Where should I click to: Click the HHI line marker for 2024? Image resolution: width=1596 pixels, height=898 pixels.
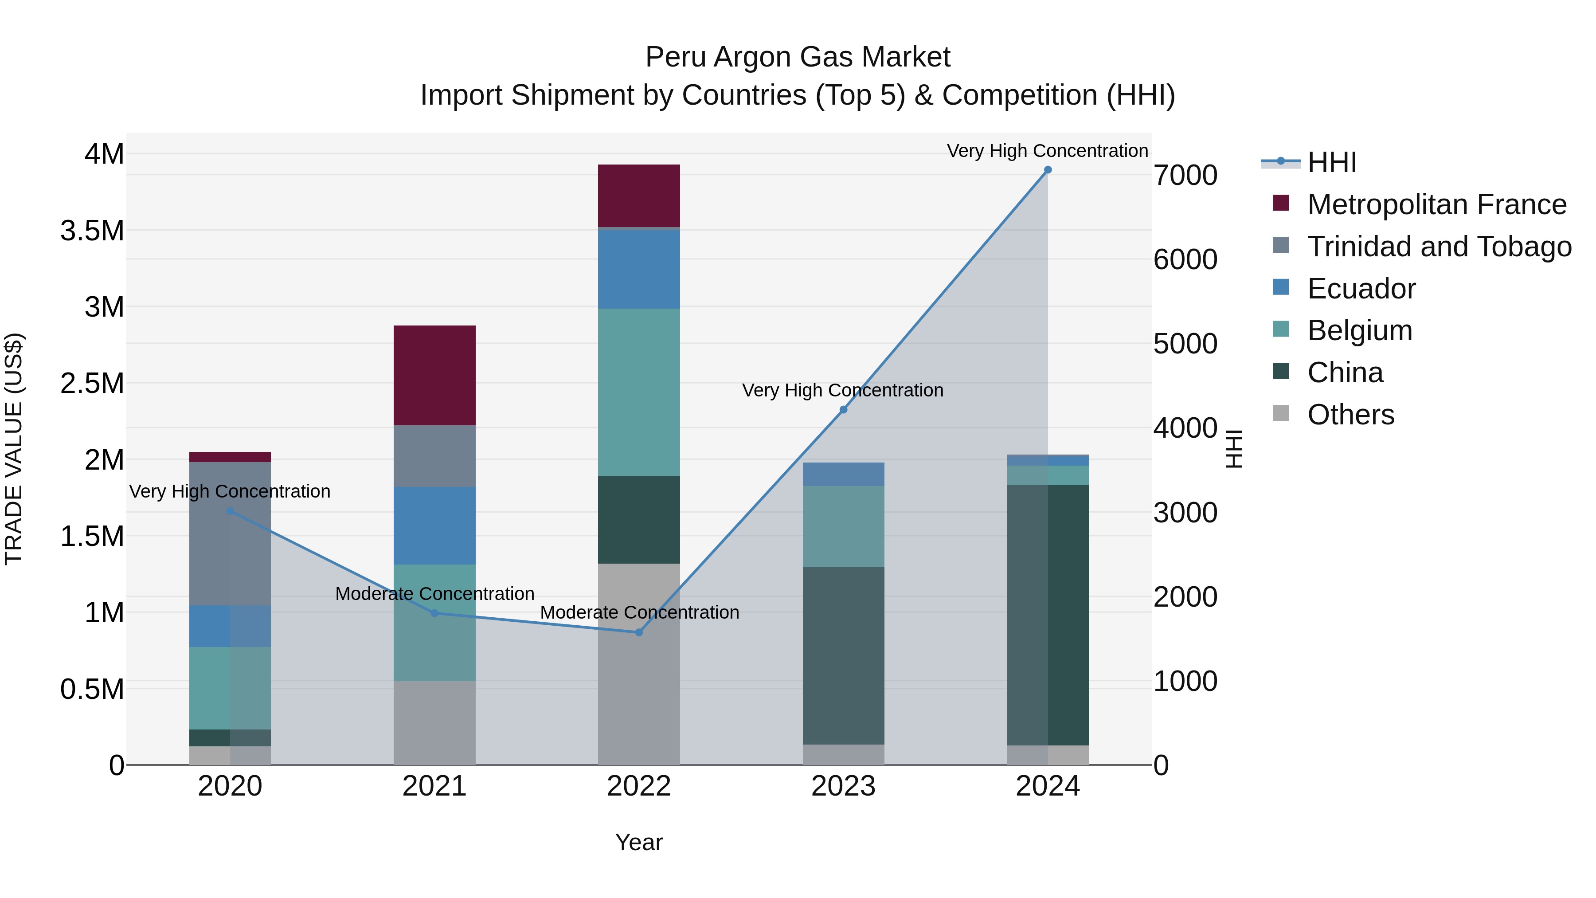tap(1048, 170)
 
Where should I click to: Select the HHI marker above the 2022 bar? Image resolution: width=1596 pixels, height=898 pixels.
tap(639, 632)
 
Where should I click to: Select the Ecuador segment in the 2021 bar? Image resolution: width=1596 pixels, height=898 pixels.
tap(434, 525)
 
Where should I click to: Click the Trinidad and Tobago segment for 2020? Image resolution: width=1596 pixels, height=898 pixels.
tap(230, 533)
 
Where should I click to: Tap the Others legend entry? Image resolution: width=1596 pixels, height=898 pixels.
tap(1351, 415)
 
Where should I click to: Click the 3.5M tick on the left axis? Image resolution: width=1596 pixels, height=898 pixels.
tap(92, 231)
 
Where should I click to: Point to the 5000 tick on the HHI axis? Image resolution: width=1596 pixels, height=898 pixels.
tap(1185, 344)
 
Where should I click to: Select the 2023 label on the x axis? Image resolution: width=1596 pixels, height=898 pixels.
tap(843, 786)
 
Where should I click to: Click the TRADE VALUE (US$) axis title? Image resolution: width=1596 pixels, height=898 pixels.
tap(14, 449)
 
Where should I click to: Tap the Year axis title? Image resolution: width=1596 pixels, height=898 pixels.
tap(639, 842)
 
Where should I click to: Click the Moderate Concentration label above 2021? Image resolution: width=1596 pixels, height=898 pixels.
tap(434, 594)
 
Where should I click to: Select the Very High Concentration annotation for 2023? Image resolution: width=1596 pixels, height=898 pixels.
tap(843, 390)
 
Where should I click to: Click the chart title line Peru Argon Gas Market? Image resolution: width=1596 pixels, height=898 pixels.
tap(798, 57)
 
